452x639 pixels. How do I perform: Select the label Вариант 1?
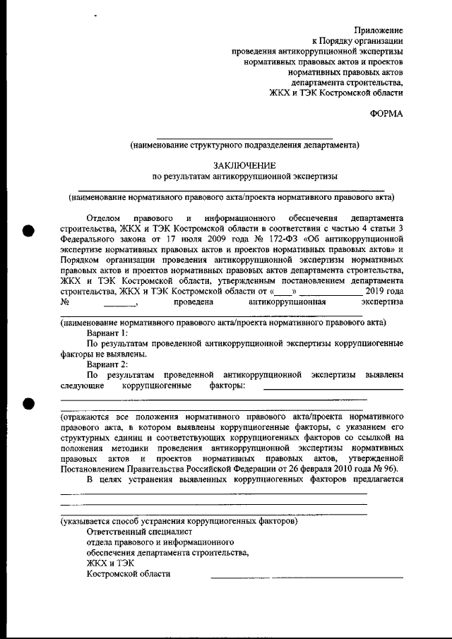108,331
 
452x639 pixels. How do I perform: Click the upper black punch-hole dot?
29,231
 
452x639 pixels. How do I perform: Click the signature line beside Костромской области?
307,577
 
